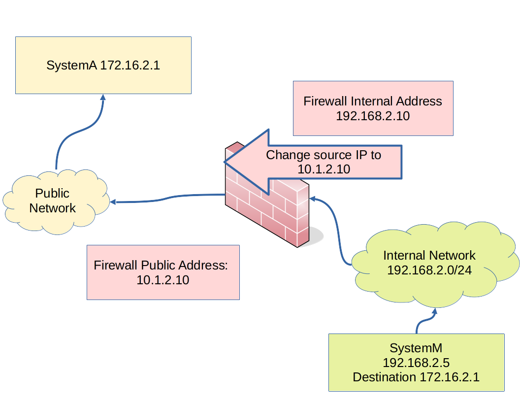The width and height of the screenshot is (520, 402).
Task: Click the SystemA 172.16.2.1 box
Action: click(103, 65)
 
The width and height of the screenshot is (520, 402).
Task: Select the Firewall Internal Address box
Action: click(373, 108)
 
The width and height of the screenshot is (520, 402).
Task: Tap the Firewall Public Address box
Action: click(163, 272)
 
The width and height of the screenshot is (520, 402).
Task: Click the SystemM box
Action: click(416, 363)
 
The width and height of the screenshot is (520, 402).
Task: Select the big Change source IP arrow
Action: click(315, 162)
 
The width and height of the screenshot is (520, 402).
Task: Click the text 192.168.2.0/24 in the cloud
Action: click(429, 270)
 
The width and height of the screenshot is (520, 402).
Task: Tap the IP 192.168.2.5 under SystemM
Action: click(416, 363)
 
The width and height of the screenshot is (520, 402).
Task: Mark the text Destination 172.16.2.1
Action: click(416, 377)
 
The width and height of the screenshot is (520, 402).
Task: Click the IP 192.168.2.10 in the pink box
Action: click(373, 116)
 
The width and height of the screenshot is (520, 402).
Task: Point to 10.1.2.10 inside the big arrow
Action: click(324, 169)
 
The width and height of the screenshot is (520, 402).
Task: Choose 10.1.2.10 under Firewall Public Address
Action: click(163, 280)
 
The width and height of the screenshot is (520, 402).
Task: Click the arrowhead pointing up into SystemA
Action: click(103, 98)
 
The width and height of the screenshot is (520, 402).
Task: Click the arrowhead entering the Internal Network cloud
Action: click(435, 311)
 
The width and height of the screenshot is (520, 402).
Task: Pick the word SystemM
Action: click(416, 348)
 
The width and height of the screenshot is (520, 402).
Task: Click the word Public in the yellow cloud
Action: click(52, 193)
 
